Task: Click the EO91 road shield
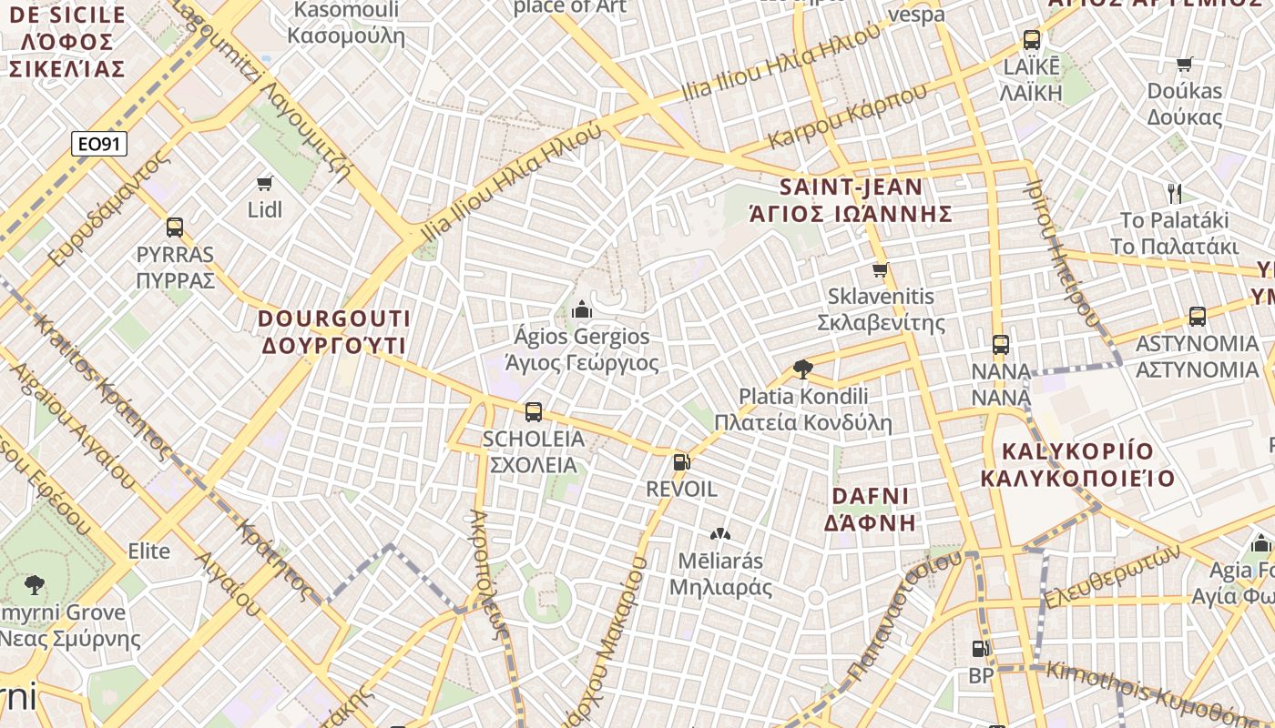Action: [99, 144]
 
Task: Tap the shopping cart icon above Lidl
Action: [265, 184]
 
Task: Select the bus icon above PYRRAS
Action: [175, 227]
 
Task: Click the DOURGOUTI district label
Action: [333, 332]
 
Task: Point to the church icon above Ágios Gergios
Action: [581, 310]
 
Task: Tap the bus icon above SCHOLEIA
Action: [534, 412]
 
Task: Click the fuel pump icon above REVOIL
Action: [681, 462]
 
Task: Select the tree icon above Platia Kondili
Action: [802, 369]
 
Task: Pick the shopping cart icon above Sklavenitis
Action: [881, 270]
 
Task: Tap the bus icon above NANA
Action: [1001, 345]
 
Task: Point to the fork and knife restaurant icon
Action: [1175, 193]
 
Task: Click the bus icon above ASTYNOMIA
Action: [1198, 317]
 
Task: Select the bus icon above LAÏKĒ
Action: [1032, 40]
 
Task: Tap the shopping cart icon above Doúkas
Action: [1185, 65]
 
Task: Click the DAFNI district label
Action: [870, 509]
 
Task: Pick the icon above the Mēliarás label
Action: [720, 534]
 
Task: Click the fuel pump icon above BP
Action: [981, 649]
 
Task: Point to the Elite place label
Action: [148, 551]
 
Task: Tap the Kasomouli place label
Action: [346, 23]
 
